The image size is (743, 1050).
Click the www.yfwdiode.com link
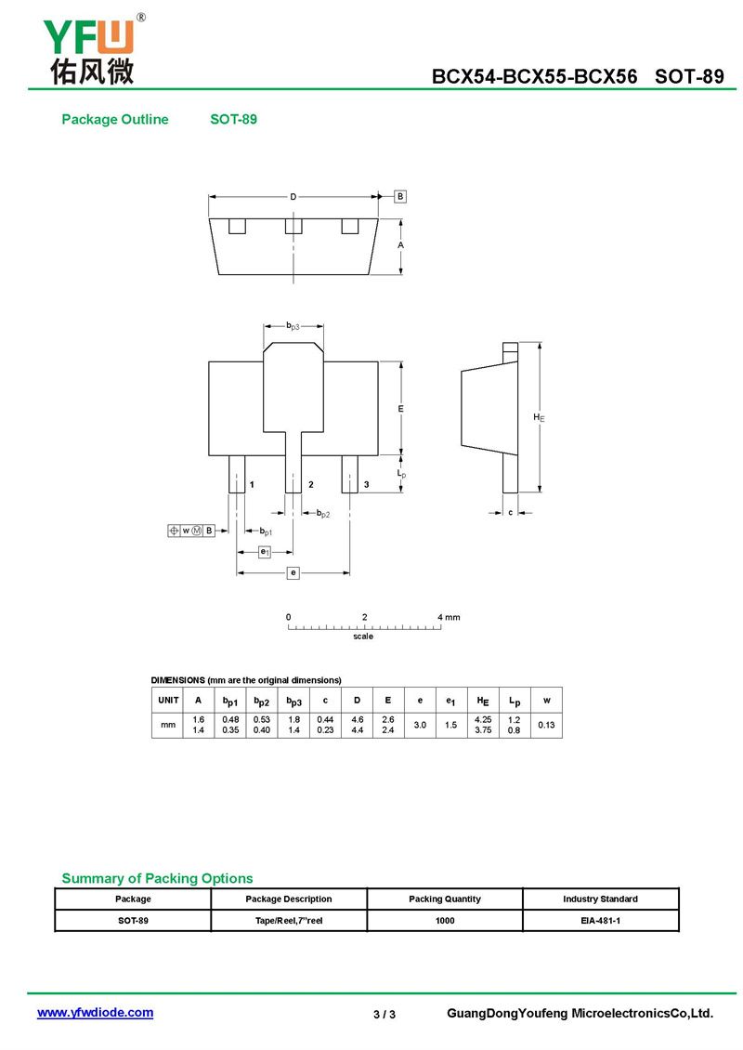(x=95, y=1013)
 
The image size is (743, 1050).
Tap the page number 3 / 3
(x=385, y=1014)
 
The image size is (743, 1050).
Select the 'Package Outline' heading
(x=115, y=119)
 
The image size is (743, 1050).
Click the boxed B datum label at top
(x=400, y=196)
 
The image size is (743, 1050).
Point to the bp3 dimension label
(x=293, y=326)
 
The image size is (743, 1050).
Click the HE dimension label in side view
(x=539, y=417)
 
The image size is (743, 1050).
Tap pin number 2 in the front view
(x=310, y=484)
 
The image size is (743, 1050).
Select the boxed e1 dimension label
(x=265, y=552)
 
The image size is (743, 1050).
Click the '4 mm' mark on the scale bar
(x=449, y=617)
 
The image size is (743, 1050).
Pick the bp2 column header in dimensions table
(x=262, y=702)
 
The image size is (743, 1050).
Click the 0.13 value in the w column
(x=546, y=725)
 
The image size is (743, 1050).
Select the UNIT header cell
(x=168, y=700)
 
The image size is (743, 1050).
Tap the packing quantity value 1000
(x=445, y=920)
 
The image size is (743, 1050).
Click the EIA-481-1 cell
(x=600, y=920)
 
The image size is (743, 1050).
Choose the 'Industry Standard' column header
(x=600, y=899)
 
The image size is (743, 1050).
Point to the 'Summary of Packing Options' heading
(x=157, y=878)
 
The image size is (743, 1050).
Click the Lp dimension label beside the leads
(x=401, y=474)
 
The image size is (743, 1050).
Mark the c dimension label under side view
(x=510, y=512)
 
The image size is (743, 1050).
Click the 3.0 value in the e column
(x=420, y=725)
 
